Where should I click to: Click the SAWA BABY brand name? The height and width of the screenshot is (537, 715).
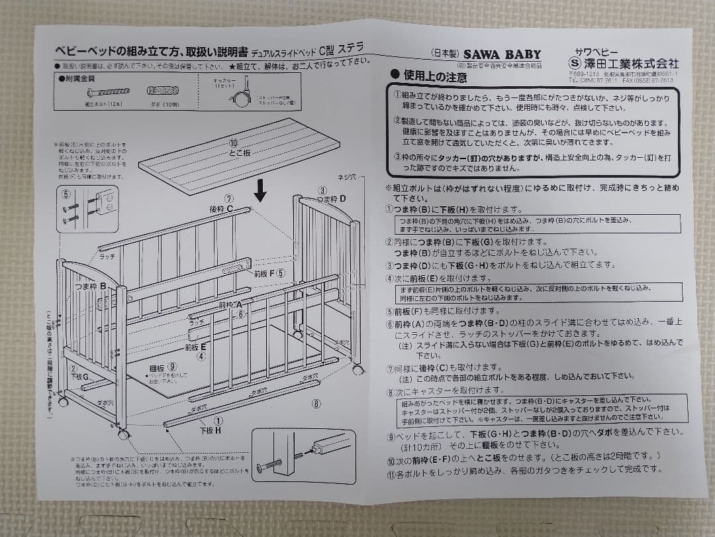coord(501,55)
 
